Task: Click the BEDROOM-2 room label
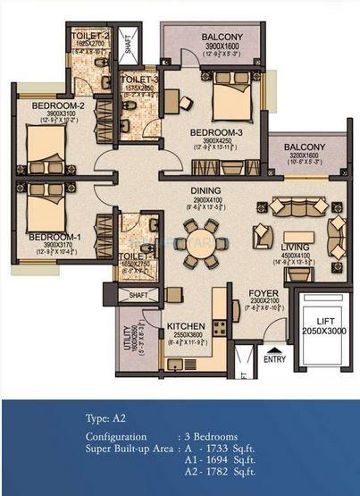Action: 51,105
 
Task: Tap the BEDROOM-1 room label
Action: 48,237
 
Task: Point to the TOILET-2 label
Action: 93,36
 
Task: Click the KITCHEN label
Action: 187,327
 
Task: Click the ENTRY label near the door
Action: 273,358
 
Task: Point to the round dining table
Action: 197,242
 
